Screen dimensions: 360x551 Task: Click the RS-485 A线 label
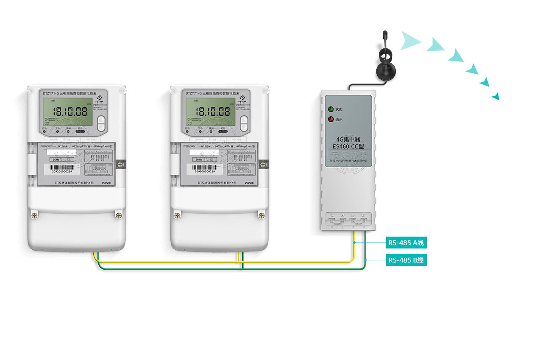[406, 243]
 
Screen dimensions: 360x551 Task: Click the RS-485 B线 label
[406, 260]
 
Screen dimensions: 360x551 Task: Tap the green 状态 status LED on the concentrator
[331, 109]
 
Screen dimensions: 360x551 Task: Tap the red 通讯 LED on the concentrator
[331, 119]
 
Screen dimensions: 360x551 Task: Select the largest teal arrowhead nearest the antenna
[410, 41]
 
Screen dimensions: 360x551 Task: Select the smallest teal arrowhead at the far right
[496, 97]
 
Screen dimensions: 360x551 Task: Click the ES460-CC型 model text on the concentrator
[348, 146]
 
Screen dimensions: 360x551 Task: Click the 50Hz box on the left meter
[56, 159]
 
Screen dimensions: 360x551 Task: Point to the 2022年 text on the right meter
[249, 183]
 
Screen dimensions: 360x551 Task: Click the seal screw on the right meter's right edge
[263, 164]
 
